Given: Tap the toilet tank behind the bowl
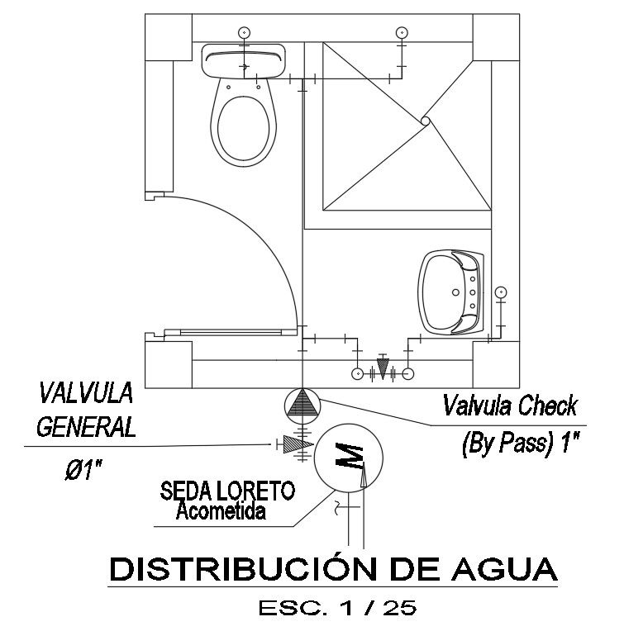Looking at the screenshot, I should pos(244,59).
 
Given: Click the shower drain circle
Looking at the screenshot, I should pos(425,121).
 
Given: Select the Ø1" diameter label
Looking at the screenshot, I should pos(83,472).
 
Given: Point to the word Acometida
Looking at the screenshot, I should pos(221,512).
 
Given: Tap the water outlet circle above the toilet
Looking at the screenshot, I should pos(244,32).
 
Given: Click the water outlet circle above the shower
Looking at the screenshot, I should pos(402,32).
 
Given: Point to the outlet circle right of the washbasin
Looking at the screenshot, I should pos(500,292).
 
